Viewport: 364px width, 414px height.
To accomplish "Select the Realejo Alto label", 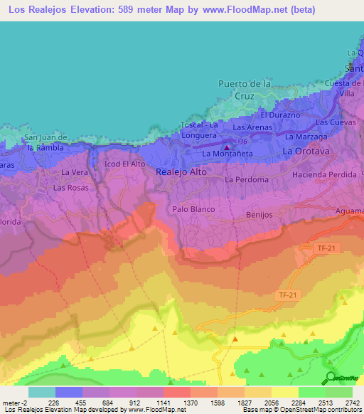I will click(x=179, y=171).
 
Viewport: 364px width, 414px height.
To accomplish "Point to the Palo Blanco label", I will click(x=193, y=209).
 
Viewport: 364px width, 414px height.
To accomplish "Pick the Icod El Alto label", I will click(x=124, y=164).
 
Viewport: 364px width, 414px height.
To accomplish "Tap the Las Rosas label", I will click(x=71, y=189).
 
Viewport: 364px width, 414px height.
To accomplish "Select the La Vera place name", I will click(x=74, y=172).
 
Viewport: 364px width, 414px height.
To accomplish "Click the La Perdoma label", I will click(x=246, y=180).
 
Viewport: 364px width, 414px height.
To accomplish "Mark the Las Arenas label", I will click(x=252, y=127).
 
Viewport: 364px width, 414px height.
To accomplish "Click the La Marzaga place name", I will click(x=306, y=136).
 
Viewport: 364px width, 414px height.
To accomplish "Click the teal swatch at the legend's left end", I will click(x=41, y=392).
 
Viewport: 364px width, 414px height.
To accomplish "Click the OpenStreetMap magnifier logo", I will click(x=331, y=378).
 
